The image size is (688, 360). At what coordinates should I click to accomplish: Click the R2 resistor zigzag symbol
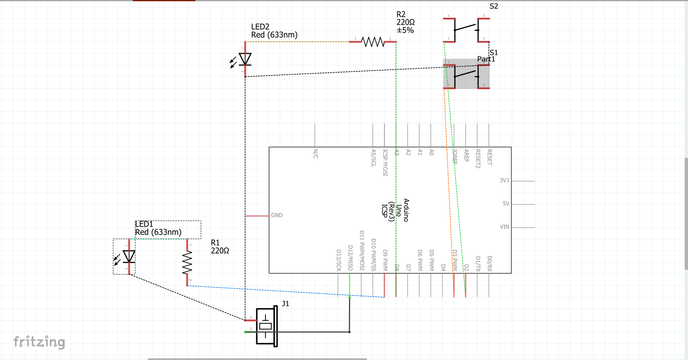[373, 42]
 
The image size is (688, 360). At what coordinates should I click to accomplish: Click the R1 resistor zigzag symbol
[187, 262]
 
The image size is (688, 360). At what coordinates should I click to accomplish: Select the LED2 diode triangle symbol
[245, 59]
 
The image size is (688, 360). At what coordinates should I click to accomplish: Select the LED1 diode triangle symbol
[129, 256]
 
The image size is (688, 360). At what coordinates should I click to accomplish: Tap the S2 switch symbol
[466, 29]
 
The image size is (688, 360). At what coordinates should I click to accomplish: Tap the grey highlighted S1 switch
[466, 74]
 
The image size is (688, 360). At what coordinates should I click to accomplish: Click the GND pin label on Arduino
[277, 215]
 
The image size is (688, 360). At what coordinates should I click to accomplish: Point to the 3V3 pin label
[504, 180]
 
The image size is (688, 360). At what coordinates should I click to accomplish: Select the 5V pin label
[506, 204]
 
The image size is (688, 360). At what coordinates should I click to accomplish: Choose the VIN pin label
[504, 227]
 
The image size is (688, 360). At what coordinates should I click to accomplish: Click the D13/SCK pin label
[339, 261]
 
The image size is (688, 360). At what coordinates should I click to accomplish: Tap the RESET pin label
[490, 157]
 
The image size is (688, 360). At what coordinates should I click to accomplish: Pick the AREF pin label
[466, 155]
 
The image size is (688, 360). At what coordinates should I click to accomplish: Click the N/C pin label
[316, 154]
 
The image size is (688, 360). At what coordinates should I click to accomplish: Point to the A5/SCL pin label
[374, 158]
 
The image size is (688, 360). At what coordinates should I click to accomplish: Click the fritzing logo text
[39, 342]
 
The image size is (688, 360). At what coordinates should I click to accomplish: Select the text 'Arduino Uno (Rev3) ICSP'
[395, 210]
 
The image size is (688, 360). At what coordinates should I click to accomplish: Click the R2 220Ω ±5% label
[405, 22]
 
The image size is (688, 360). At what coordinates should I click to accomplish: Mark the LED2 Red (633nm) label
[274, 31]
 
